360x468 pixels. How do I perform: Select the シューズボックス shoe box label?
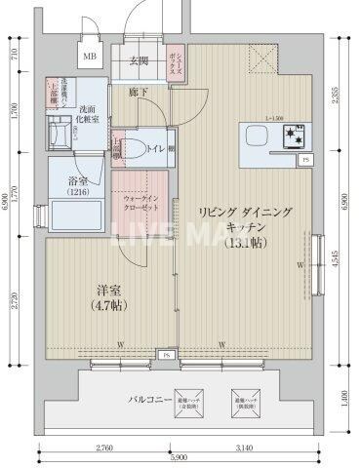point(175,64)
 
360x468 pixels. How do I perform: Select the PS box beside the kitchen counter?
point(306,159)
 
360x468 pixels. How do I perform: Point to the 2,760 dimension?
point(109,447)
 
